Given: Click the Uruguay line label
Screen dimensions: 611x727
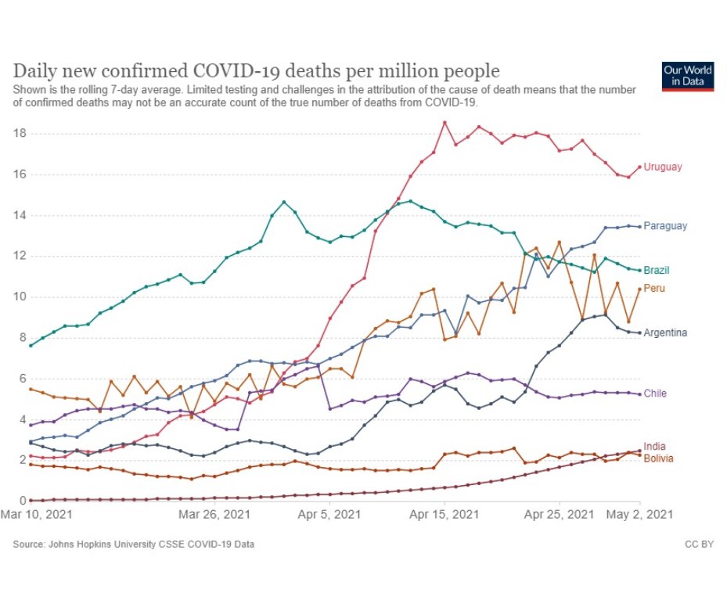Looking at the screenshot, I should [663, 167].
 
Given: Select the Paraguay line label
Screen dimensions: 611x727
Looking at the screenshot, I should [665, 226].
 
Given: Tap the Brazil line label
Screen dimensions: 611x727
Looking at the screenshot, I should [657, 271].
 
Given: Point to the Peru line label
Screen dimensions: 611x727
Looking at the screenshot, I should [654, 289].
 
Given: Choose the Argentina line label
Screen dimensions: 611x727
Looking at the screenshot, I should [665, 333].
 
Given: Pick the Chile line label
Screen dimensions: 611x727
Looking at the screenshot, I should [655, 394].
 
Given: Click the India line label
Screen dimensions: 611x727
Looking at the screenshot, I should [654, 447].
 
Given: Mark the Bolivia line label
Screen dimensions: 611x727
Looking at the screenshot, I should [657, 458].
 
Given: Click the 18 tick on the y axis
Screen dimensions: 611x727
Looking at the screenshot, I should [20, 134].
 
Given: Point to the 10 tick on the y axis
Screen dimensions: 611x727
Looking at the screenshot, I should [20, 297].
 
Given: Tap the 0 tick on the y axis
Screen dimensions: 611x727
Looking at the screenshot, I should [22, 501].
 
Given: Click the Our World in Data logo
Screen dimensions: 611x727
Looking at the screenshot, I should [688, 77].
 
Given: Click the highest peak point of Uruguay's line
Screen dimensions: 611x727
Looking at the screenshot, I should [444, 123].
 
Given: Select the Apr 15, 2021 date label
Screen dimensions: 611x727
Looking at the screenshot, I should [444, 515].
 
